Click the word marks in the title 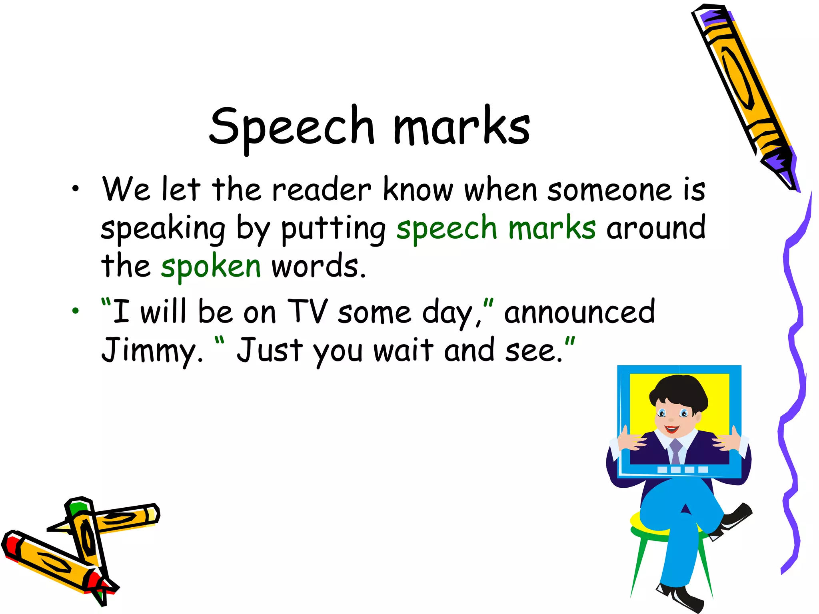coord(462,126)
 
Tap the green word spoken coord(211,267)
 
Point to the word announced coord(579,312)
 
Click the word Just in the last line coord(270,350)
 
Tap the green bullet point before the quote coord(76,311)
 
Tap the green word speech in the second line coord(446,229)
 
